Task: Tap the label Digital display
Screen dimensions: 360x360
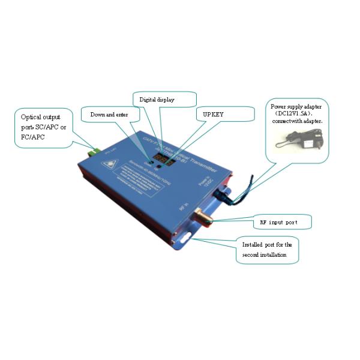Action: click(x=157, y=99)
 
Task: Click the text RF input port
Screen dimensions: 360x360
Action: click(x=277, y=222)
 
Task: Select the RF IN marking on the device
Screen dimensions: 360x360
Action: click(x=183, y=207)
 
